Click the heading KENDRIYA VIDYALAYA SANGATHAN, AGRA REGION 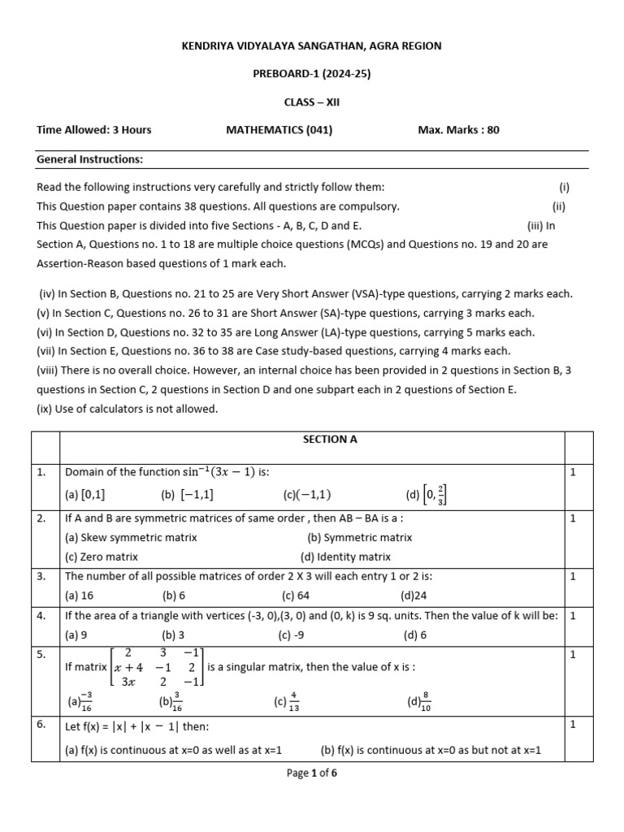(x=311, y=46)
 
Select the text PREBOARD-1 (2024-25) (x=311, y=74)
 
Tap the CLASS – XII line (x=311, y=102)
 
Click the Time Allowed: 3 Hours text (x=94, y=129)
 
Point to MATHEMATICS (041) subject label (x=279, y=129)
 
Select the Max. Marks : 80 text (x=458, y=129)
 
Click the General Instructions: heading (x=89, y=159)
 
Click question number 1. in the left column (x=41, y=472)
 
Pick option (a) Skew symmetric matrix (x=131, y=537)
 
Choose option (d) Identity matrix (x=345, y=557)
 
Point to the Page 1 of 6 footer (x=311, y=773)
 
